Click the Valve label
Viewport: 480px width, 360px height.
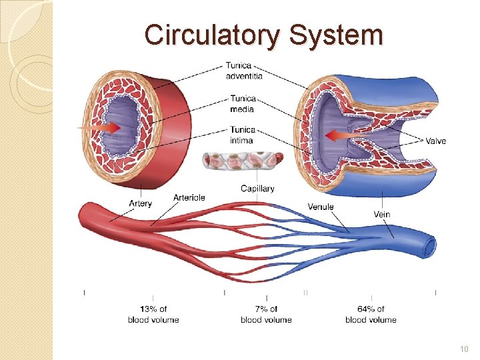coord(436,141)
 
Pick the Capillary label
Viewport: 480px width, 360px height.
coord(257,189)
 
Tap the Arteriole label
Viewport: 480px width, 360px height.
coord(189,197)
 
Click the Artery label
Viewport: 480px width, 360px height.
coord(141,203)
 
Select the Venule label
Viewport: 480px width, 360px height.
coord(321,207)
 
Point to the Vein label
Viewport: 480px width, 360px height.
coord(382,214)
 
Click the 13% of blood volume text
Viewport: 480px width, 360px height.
coord(153,314)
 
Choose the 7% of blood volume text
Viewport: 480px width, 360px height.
coord(266,314)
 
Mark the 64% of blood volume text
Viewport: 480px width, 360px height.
coord(371,314)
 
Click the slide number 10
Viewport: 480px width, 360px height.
coord(465,349)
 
